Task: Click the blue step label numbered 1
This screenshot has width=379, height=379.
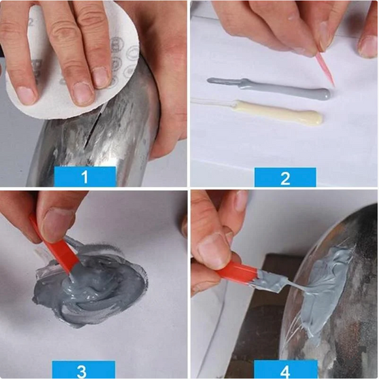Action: click(84, 176)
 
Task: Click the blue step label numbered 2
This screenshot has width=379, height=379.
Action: click(285, 177)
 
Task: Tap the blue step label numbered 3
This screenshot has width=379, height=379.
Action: click(81, 370)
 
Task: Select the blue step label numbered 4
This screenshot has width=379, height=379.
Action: click(285, 370)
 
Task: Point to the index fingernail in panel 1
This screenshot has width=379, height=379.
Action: click(27, 95)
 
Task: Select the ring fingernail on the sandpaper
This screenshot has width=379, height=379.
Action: click(101, 76)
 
